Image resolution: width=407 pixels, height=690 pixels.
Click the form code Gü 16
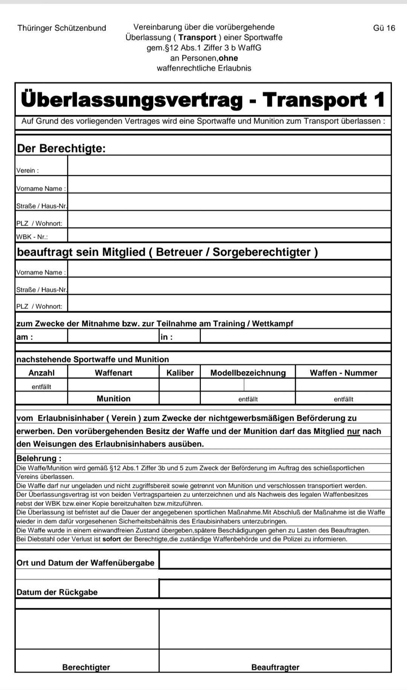pyautogui.click(x=384, y=28)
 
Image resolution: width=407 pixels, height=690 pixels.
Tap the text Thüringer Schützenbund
pyautogui.click(x=62, y=28)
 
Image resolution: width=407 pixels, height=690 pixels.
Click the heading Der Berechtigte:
pyautogui.click(x=61, y=148)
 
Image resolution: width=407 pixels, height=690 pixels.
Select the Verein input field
pyautogui.click(x=229, y=166)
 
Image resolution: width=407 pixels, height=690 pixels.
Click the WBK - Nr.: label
pyautogui.click(x=32, y=237)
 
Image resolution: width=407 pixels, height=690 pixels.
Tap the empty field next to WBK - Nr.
pyautogui.click(x=229, y=235)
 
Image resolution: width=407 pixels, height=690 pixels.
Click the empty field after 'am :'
pyautogui.click(x=113, y=336)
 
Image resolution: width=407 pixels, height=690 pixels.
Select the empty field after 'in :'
pyautogui.click(x=295, y=336)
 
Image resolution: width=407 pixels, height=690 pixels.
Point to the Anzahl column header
pyautogui.click(x=41, y=372)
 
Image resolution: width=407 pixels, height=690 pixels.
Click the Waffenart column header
pyautogui.click(x=113, y=372)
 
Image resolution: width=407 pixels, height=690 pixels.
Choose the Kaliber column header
pyautogui.click(x=180, y=372)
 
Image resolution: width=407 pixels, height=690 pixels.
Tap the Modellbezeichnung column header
pyautogui.click(x=248, y=372)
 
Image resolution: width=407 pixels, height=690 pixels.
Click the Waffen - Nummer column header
pyautogui.click(x=343, y=372)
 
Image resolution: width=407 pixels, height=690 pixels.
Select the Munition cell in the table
pyautogui.click(x=113, y=398)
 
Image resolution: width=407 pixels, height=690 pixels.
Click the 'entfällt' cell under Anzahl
pyautogui.click(x=41, y=386)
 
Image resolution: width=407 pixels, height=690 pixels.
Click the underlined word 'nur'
pyautogui.click(x=353, y=431)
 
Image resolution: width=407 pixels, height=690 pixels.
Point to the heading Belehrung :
pyautogui.click(x=39, y=458)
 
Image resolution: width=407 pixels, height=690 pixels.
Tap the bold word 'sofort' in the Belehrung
pyautogui.click(x=112, y=539)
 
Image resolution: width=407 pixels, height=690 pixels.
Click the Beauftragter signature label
pyautogui.click(x=275, y=667)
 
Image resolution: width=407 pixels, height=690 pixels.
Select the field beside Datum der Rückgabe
pyautogui.click(x=275, y=589)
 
